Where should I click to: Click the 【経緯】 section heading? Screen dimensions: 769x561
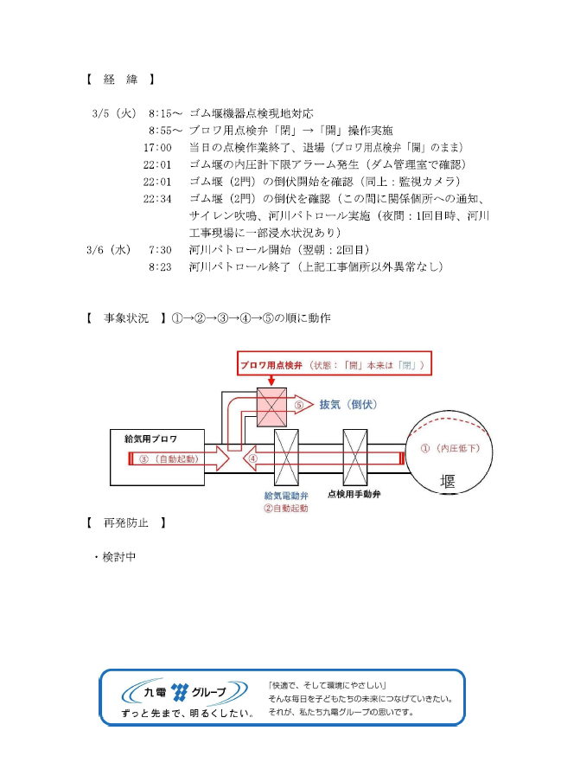tap(120, 80)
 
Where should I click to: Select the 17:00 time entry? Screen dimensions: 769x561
tap(157, 146)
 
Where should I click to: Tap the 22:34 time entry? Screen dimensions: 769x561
tap(157, 198)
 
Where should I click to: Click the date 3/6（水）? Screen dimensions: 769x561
tap(109, 249)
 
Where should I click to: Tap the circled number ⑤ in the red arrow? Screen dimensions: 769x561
tap(299, 404)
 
